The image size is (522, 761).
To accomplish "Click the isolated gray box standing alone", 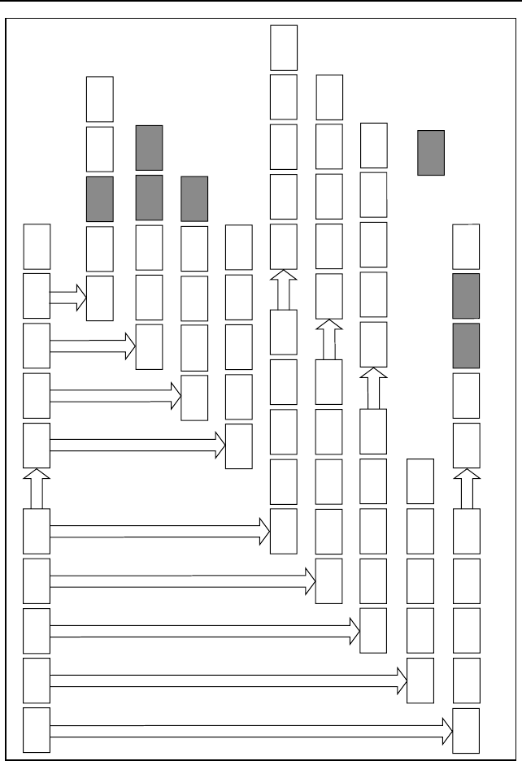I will pos(430,152).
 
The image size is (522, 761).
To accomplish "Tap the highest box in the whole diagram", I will pos(284,47).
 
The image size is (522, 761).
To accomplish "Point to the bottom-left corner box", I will pos(37,730).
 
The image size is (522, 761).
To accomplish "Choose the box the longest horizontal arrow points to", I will pos(466,730).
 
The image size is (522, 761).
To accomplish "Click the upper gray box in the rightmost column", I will pos(466,296).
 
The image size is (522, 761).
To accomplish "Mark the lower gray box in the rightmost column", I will pos(466,346).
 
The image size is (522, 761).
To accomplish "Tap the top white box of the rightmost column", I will pos(466,246).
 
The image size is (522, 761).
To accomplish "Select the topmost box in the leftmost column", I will pos(37,246).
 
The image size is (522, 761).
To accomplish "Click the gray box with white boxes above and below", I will pos(99,199).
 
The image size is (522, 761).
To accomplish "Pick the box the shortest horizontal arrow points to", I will pos(99,298).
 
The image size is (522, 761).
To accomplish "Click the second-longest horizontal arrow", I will pos(228,681).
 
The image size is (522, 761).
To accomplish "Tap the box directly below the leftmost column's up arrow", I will pos(37,531).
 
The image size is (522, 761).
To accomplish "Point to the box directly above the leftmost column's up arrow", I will pos(37,445).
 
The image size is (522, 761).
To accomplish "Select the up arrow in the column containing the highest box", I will pos(284,289).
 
